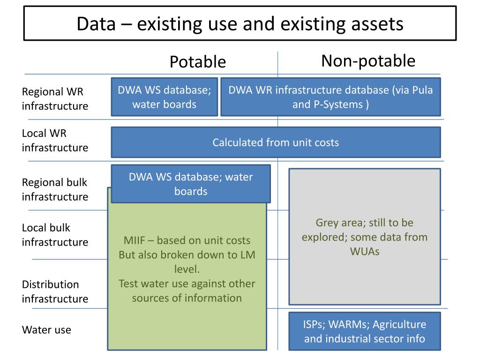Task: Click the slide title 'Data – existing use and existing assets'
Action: point(240,24)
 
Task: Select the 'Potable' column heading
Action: point(197,62)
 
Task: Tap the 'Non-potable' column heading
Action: point(368,61)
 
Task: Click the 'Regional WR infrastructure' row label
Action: point(54,99)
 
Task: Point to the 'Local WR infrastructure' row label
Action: point(54,141)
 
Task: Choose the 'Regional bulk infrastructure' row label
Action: point(54,189)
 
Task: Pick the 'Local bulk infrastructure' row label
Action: point(54,235)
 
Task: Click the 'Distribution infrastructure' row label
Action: point(54,291)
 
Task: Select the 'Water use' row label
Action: point(46,330)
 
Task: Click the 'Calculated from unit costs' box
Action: point(276,142)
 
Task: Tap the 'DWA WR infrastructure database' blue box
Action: point(330,97)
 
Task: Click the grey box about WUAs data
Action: point(364,237)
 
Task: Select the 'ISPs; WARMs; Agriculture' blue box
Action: point(364,331)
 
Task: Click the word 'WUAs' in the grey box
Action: point(364,251)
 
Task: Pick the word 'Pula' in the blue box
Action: point(422,90)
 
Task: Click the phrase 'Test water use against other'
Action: point(187,283)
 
